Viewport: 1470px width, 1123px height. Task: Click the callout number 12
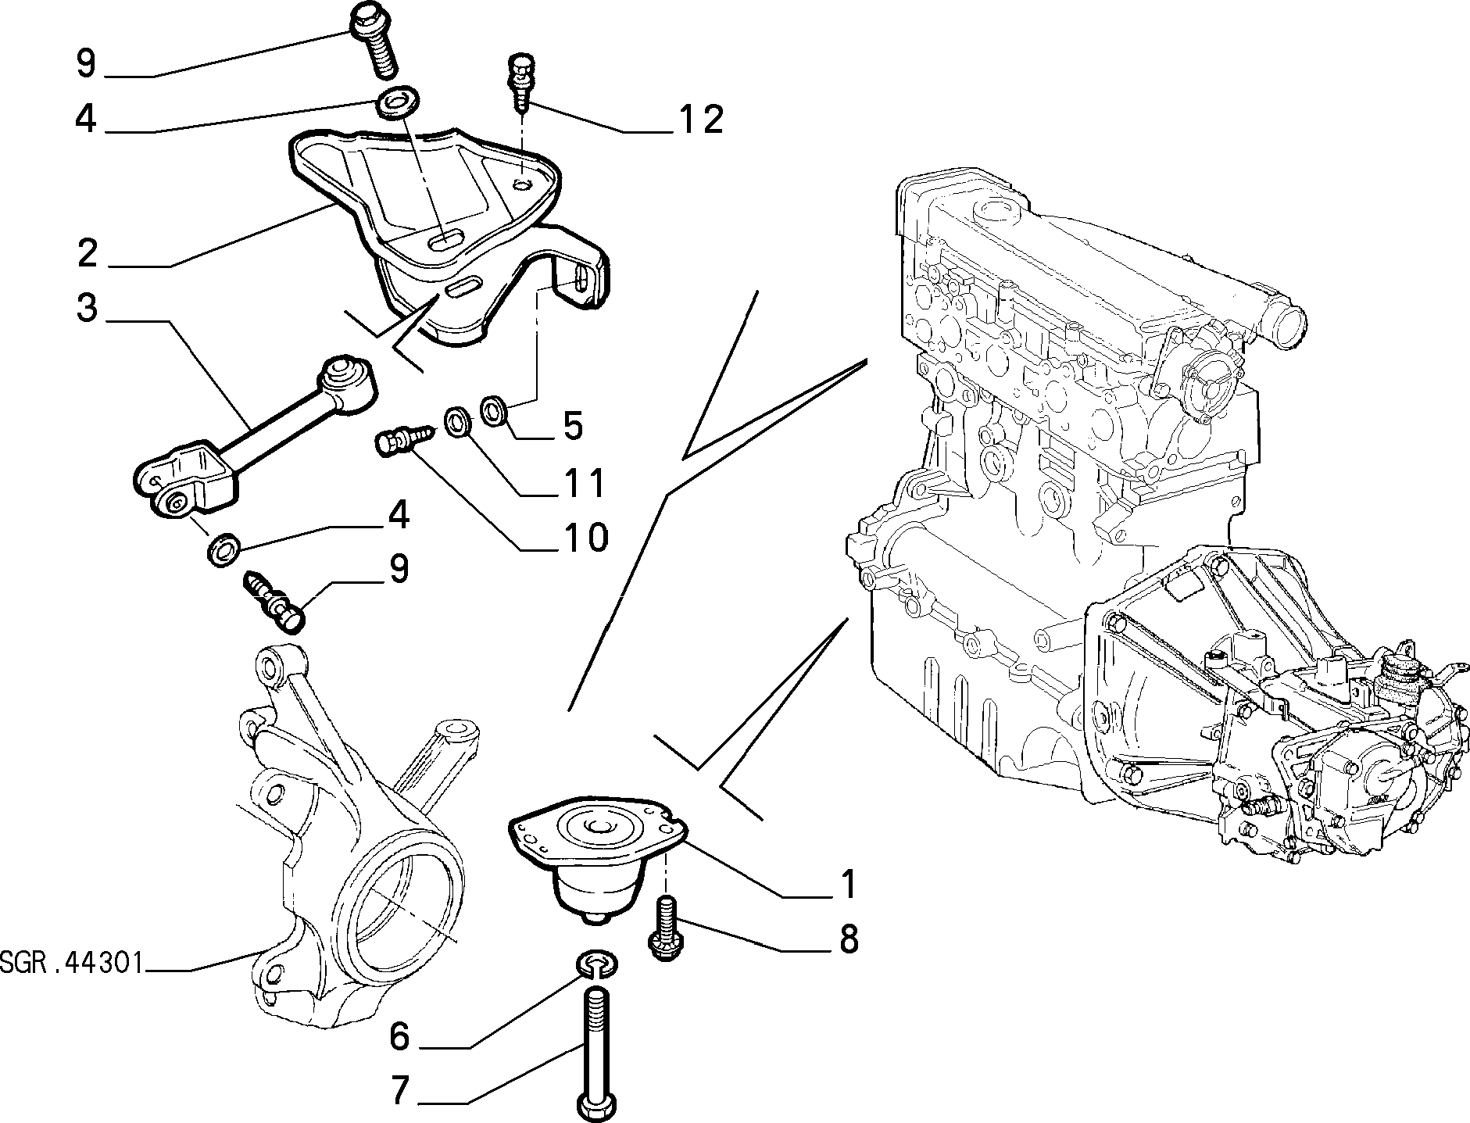pyautogui.click(x=701, y=120)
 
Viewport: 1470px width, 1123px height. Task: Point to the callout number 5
pyautogui.click(x=573, y=427)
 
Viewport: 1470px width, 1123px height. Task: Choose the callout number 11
pyautogui.click(x=586, y=484)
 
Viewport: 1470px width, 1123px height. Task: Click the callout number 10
pyautogui.click(x=585, y=538)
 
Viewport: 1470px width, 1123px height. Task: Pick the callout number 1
pyautogui.click(x=848, y=884)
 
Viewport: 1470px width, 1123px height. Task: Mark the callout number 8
pyautogui.click(x=848, y=939)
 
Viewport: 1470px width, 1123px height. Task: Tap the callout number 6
pyautogui.click(x=399, y=1037)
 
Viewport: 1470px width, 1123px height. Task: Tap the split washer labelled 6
pyautogui.click(x=598, y=965)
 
